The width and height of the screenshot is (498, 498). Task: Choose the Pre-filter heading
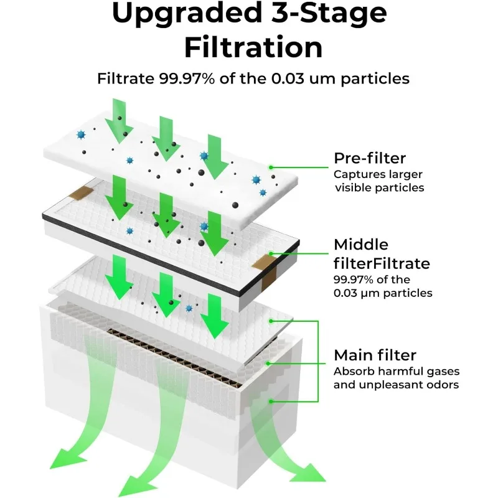click(x=370, y=159)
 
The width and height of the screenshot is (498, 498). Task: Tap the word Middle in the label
click(x=361, y=244)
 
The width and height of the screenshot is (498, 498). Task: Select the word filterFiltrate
click(x=382, y=263)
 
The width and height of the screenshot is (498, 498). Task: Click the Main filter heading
click(x=375, y=355)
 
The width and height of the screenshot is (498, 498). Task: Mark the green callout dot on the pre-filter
click(x=271, y=167)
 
